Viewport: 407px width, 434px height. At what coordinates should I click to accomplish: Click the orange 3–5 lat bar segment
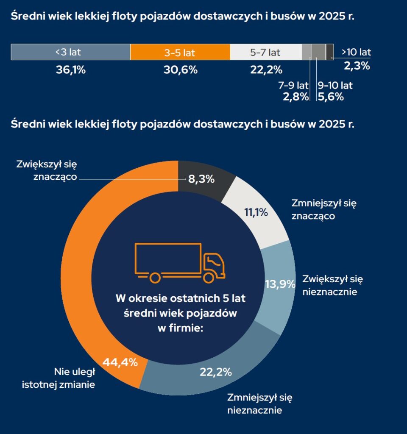(x=180, y=52)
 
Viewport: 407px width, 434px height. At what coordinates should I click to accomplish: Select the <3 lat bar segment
(x=70, y=52)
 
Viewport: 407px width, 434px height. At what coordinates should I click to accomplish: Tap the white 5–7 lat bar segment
(x=265, y=52)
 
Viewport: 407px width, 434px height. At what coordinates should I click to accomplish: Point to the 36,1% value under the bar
(x=71, y=70)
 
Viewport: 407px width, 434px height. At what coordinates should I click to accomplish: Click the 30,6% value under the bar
(x=181, y=70)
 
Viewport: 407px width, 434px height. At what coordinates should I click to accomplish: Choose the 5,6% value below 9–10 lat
(x=331, y=97)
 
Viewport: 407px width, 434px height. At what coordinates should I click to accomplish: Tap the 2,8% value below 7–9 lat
(x=295, y=97)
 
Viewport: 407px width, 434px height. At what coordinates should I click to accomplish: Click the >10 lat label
(x=356, y=53)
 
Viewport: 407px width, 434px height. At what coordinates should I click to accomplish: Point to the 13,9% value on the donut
(x=279, y=284)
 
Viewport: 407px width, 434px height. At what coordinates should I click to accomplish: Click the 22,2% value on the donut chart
(x=216, y=372)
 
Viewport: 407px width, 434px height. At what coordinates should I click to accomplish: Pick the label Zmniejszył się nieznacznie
(x=259, y=404)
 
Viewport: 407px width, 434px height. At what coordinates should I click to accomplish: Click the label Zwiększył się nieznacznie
(x=332, y=285)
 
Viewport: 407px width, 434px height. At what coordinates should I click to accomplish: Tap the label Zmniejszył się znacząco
(x=324, y=209)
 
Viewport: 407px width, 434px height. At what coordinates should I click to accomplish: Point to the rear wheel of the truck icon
(x=155, y=278)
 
